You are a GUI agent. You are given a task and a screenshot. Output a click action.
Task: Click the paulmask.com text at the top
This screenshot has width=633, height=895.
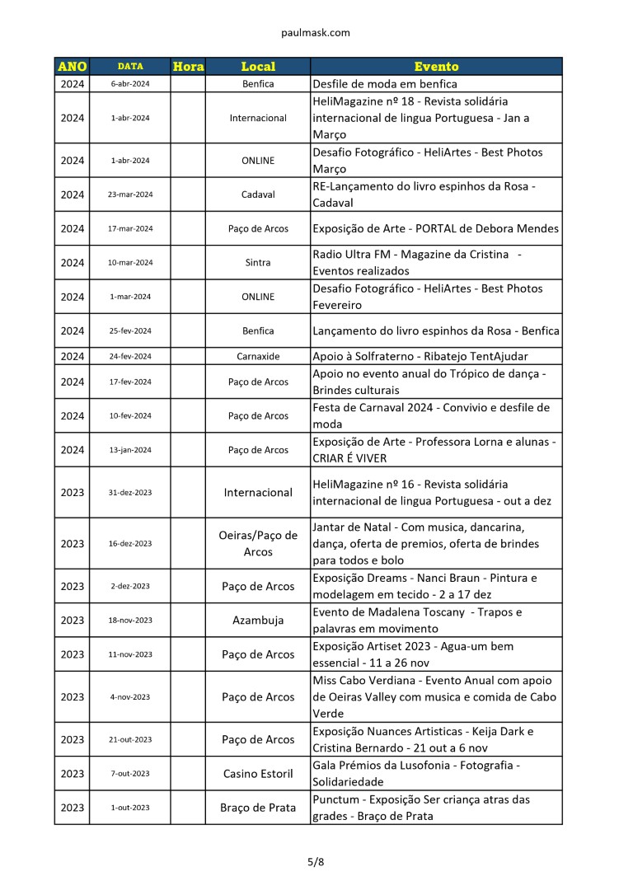(x=316, y=33)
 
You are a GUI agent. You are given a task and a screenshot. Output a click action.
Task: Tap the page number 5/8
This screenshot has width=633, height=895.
(x=316, y=862)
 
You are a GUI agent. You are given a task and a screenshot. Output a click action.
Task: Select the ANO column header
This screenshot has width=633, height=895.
(x=73, y=67)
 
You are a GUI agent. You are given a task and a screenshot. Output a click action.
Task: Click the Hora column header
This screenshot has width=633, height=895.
(x=188, y=67)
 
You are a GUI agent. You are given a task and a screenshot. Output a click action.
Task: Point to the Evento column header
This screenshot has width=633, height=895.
(x=436, y=67)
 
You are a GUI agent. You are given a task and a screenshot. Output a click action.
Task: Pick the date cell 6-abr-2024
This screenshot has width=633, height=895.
(x=130, y=84)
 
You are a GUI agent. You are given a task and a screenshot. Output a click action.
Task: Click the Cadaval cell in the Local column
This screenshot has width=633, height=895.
(x=258, y=194)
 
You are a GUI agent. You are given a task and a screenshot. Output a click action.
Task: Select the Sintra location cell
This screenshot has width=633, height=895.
(x=258, y=263)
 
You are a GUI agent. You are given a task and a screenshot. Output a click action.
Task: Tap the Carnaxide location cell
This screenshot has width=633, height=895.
(x=258, y=356)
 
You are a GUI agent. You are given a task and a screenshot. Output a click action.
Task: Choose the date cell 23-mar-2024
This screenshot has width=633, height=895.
(x=130, y=194)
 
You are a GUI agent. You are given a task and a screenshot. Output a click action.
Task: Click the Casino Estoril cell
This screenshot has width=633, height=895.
(x=258, y=774)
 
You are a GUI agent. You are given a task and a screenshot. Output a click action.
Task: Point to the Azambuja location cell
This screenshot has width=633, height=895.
(x=258, y=621)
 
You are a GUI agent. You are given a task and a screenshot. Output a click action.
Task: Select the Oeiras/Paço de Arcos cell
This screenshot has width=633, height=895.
(x=258, y=543)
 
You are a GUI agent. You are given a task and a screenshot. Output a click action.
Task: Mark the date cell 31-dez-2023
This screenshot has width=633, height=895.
(x=130, y=493)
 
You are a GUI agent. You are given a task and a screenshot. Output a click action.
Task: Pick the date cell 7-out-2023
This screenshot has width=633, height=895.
(x=130, y=774)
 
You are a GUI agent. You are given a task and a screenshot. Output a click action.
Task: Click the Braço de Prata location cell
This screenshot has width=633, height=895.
(x=258, y=808)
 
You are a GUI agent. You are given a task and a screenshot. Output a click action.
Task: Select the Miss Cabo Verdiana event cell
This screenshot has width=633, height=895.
(x=436, y=696)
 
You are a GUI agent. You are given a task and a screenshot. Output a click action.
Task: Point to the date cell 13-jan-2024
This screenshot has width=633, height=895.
(x=130, y=450)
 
